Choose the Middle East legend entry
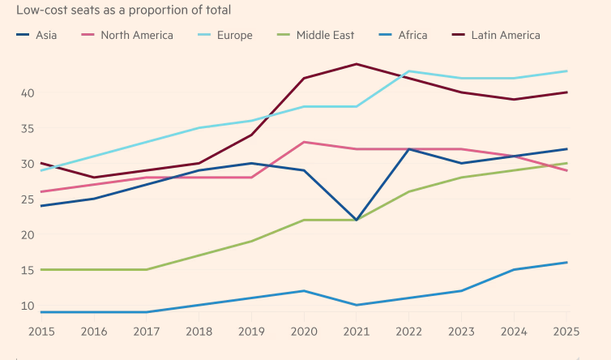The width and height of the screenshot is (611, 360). (323, 35)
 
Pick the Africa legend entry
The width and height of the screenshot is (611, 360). (412, 35)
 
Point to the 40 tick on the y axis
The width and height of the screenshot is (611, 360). (27, 93)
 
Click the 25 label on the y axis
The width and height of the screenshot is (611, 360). (27, 199)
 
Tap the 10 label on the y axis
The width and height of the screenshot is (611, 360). (27, 306)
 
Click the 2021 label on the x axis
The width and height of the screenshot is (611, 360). (357, 332)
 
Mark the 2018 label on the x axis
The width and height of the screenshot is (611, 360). (199, 332)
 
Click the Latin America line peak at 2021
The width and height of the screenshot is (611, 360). (357, 64)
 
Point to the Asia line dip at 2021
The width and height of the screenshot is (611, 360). (357, 220)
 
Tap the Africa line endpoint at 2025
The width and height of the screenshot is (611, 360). (566, 263)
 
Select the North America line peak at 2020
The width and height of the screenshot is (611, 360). (304, 142)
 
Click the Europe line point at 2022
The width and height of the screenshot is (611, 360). (409, 71)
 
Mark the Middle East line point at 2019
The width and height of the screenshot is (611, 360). (251, 241)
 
